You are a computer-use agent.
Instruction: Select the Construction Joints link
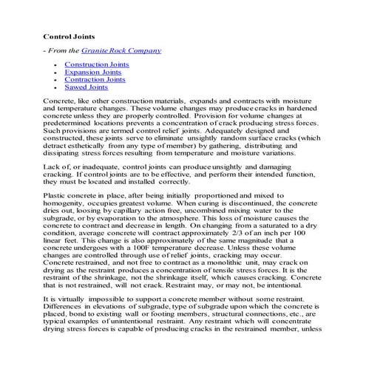pos(96,65)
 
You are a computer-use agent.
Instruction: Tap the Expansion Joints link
pos(93,72)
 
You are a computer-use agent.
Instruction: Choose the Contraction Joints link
pos(95,80)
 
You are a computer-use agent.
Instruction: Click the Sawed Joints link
pos(86,87)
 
